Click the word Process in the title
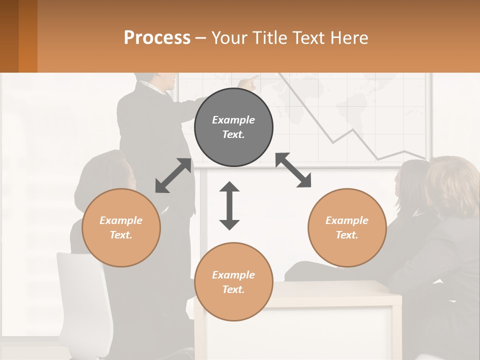point(157,37)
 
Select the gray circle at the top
point(233,127)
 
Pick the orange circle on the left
point(121,227)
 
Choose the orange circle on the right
point(347,227)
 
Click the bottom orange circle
point(233,282)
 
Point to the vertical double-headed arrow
point(229,205)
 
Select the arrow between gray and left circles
point(173,175)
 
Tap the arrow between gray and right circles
point(293,170)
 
